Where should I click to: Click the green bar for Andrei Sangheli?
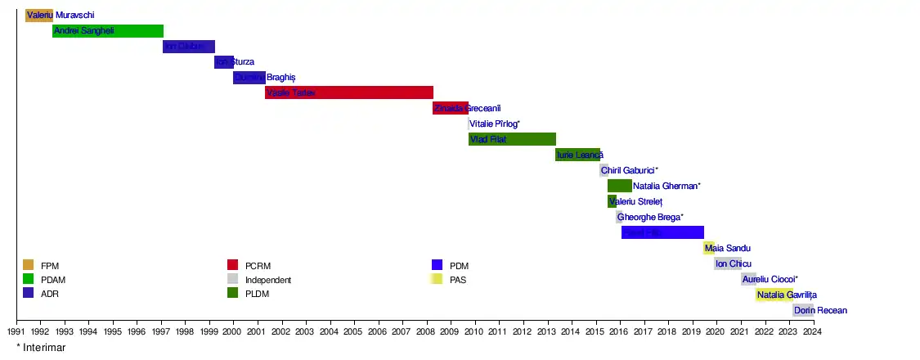click(108, 31)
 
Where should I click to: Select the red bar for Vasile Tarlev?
click(349, 92)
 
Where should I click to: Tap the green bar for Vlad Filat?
click(512, 139)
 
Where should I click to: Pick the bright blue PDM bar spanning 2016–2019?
click(662, 232)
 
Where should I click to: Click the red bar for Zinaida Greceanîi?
click(451, 108)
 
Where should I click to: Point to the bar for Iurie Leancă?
click(577, 155)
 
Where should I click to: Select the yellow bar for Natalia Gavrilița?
click(774, 295)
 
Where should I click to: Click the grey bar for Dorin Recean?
click(803, 310)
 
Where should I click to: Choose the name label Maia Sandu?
click(728, 248)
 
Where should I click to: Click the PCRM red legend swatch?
click(232, 265)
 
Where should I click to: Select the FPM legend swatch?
click(28, 265)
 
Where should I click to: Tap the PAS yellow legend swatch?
click(437, 280)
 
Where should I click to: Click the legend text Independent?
click(268, 280)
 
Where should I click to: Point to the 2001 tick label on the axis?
click(257, 332)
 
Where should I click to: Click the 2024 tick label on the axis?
click(812, 332)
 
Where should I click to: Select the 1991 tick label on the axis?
click(16, 332)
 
